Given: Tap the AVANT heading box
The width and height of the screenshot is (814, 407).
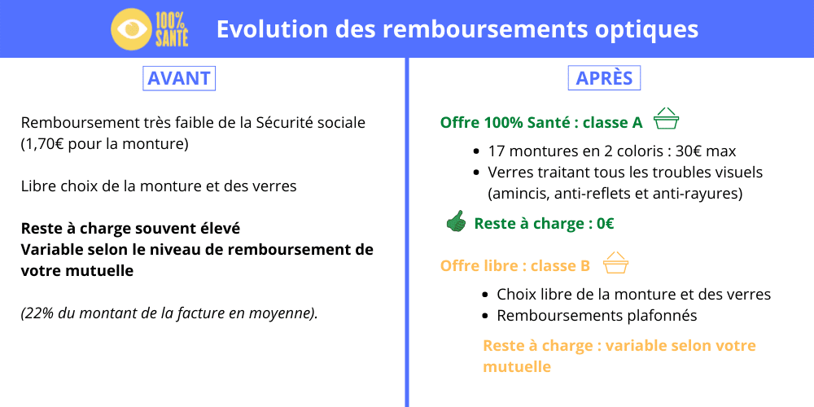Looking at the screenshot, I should [x=179, y=78].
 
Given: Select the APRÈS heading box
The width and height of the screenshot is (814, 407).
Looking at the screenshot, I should [x=604, y=78].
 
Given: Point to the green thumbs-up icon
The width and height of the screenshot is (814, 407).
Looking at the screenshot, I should [x=456, y=221].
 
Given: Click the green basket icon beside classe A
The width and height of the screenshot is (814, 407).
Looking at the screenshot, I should [x=667, y=120].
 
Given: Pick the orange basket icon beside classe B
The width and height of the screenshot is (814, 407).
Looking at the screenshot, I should [x=615, y=263].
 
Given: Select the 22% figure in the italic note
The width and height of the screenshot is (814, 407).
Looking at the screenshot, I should [x=37, y=313].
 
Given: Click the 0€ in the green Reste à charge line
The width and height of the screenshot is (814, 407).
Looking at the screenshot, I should [x=605, y=224].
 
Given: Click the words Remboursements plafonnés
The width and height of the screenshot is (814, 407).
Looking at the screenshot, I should [x=597, y=316].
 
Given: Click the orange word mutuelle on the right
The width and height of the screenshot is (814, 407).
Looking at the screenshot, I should [x=517, y=366].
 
